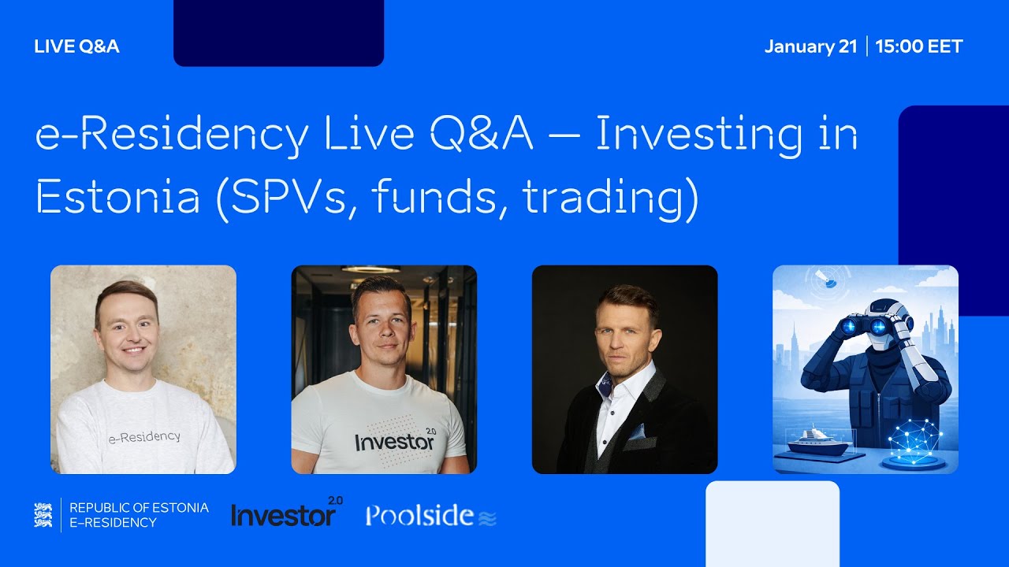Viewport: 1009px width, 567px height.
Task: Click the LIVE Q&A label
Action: tap(76, 46)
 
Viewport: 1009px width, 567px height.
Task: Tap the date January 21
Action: tap(810, 46)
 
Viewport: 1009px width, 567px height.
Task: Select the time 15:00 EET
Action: tap(919, 46)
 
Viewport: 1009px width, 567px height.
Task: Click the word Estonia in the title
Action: tap(118, 198)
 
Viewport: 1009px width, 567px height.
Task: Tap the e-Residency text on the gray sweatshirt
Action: tap(144, 436)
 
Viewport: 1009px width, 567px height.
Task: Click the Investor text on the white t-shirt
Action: tap(394, 442)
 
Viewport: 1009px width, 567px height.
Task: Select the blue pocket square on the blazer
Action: tap(635, 432)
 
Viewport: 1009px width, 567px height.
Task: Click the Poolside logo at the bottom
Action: tap(430, 516)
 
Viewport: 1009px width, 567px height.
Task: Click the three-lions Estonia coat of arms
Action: tap(43, 515)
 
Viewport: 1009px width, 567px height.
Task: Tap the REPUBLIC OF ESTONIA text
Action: tap(139, 508)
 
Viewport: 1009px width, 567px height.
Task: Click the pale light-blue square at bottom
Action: tap(772, 523)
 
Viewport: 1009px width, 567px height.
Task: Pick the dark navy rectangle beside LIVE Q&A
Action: tap(278, 32)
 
